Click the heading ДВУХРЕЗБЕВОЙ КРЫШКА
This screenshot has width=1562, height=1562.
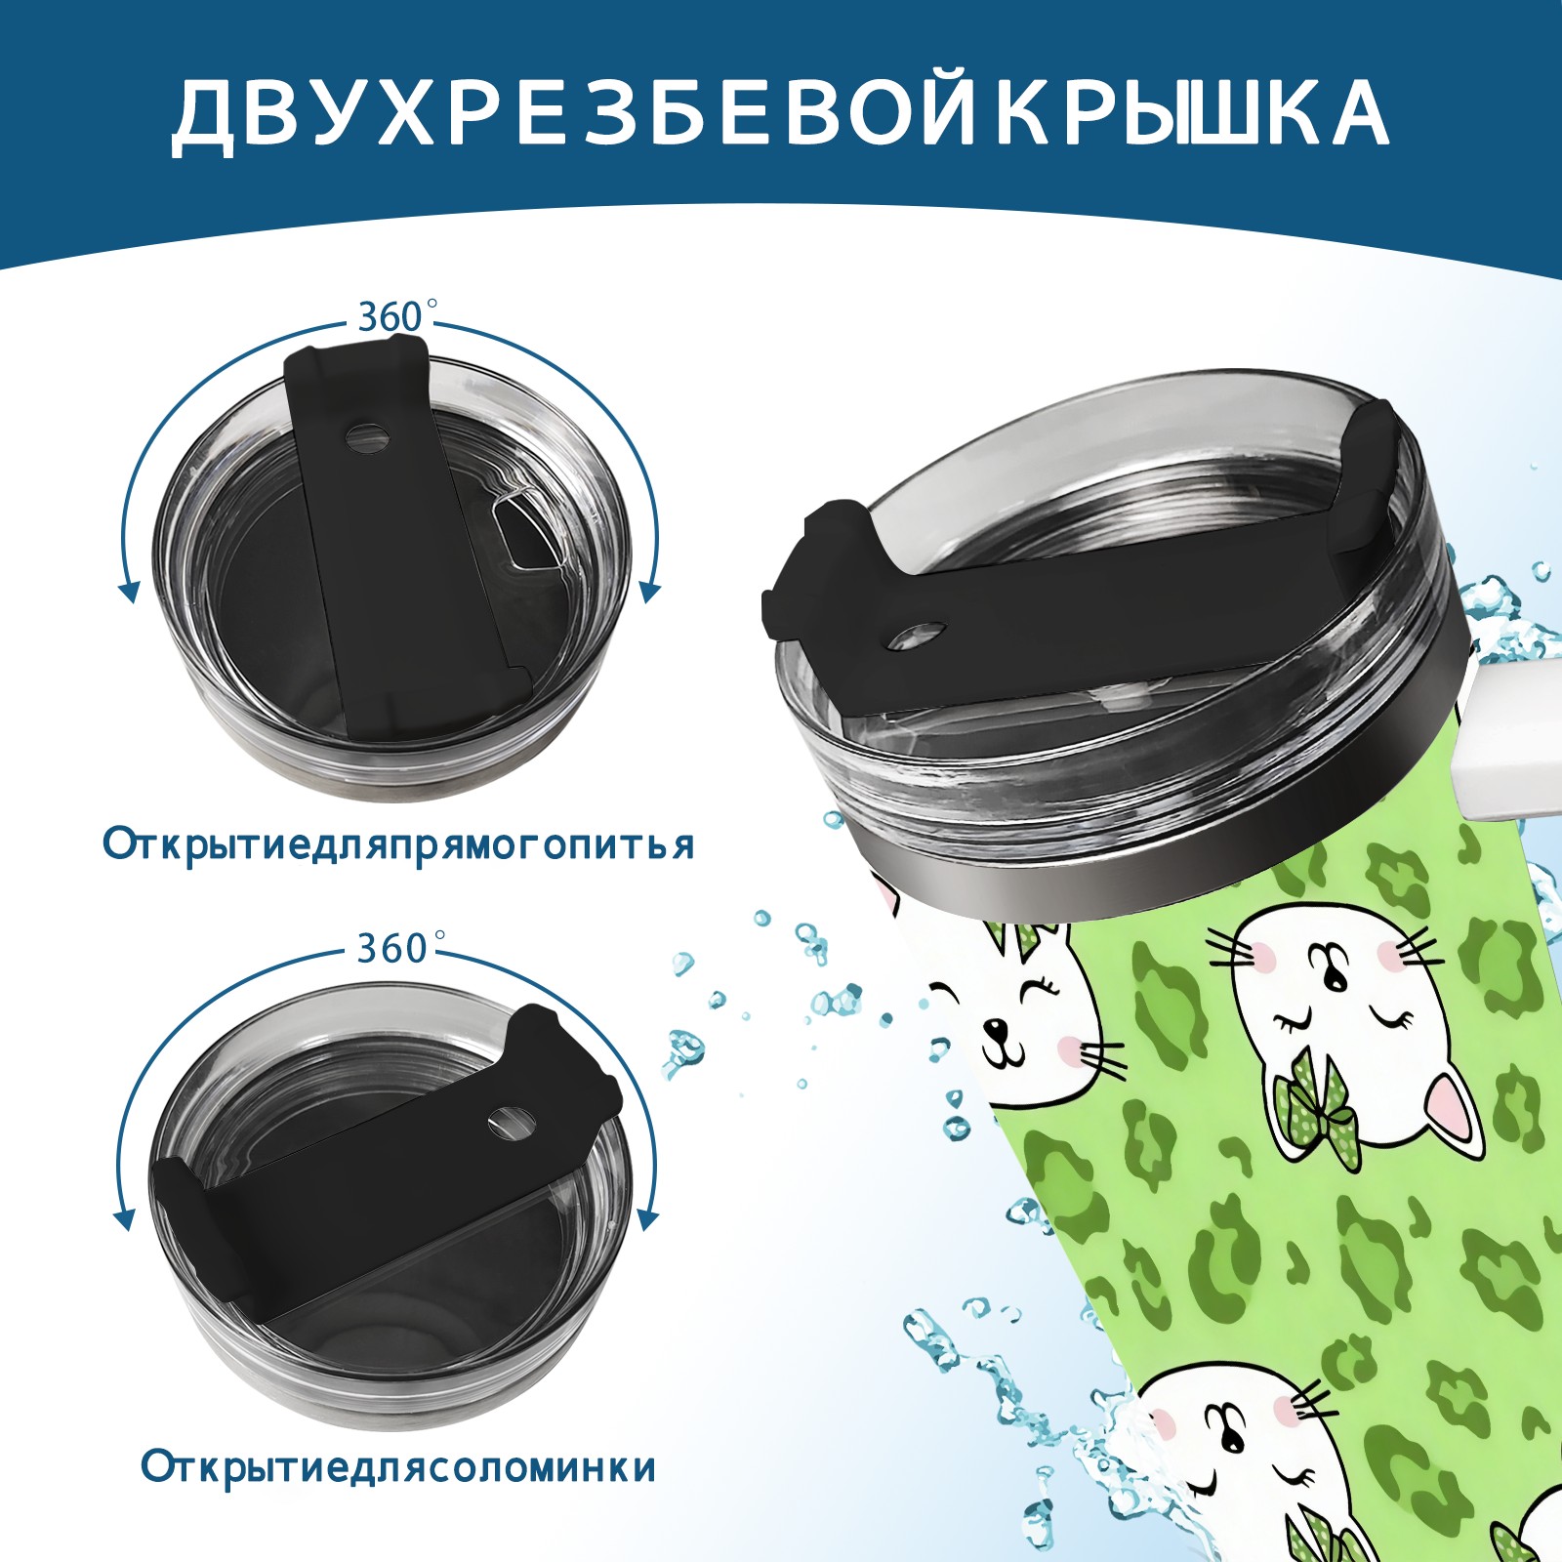[x=780, y=115]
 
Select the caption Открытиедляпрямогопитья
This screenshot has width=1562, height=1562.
[x=398, y=844]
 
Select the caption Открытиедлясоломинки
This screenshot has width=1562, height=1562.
[x=398, y=1467]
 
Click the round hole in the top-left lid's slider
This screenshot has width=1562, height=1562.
[x=368, y=436]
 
